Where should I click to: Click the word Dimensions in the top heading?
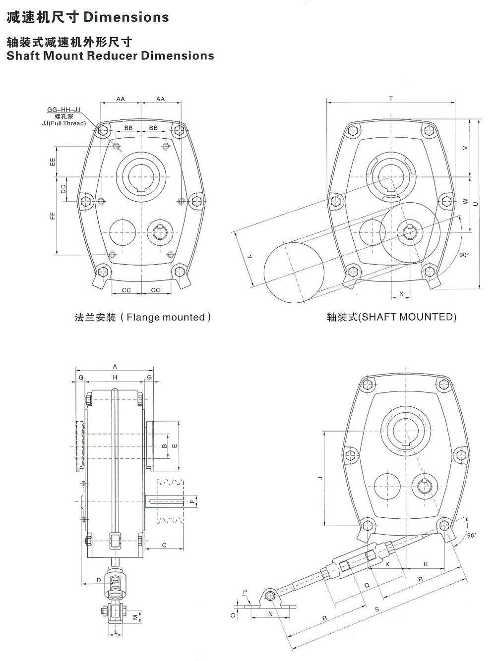(x=126, y=17)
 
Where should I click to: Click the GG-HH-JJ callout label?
(x=64, y=109)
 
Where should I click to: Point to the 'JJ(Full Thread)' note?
(x=63, y=123)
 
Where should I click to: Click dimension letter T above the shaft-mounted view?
(x=391, y=99)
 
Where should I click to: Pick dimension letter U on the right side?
(x=475, y=204)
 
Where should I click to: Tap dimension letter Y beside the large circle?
(x=249, y=256)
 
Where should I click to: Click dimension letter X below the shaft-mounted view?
(x=401, y=294)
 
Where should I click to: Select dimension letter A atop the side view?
(x=115, y=367)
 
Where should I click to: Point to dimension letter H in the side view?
(x=115, y=378)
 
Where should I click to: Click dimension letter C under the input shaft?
(x=164, y=546)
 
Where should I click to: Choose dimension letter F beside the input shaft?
(x=191, y=501)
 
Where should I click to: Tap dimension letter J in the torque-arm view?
(x=320, y=478)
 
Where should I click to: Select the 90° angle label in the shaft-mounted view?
(x=464, y=255)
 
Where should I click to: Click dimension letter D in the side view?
(x=99, y=580)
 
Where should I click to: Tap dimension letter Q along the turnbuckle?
(x=367, y=585)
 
